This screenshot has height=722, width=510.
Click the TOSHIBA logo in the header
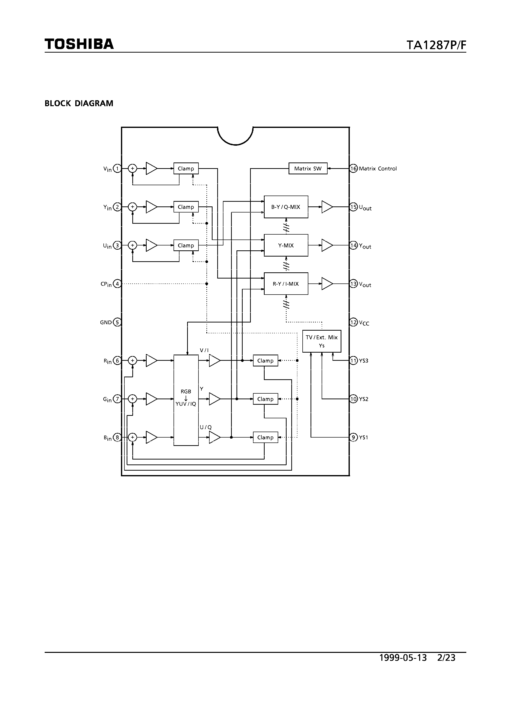click(79, 44)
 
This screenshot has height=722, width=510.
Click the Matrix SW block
click(308, 169)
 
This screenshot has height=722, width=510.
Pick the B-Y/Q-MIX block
click(286, 207)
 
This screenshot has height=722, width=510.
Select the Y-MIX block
click(286, 245)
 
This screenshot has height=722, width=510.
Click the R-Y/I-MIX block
click(286, 284)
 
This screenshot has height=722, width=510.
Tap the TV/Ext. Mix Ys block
click(321, 341)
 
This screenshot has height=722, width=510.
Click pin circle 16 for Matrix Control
click(354, 169)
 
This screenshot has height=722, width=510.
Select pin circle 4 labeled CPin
click(117, 284)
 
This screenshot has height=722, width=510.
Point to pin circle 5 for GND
click(117, 322)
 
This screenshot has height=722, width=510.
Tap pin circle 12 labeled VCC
click(354, 322)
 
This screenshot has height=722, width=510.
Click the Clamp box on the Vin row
click(186, 169)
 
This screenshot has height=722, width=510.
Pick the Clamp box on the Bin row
click(265, 437)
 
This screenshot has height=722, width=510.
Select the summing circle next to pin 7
click(132, 399)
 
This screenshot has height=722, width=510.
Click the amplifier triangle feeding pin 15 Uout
click(326, 207)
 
